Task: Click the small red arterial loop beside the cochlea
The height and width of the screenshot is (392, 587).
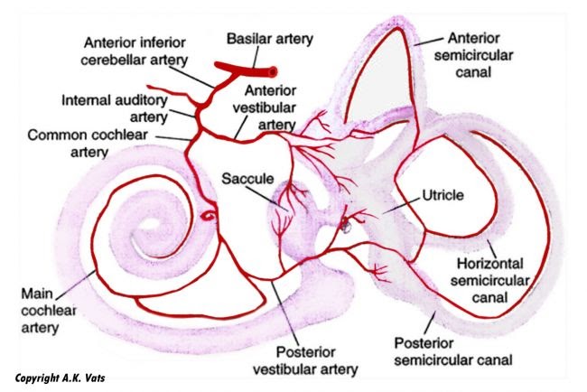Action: (208, 216)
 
